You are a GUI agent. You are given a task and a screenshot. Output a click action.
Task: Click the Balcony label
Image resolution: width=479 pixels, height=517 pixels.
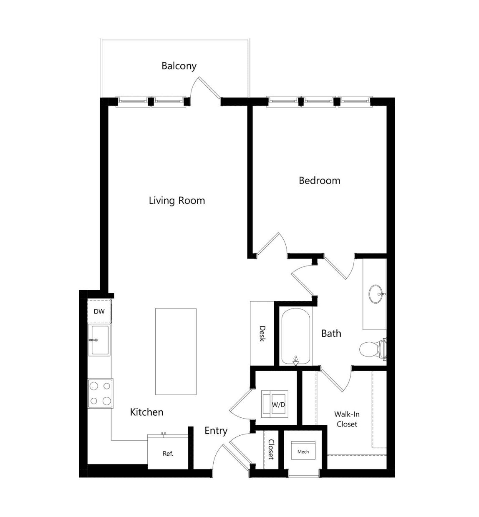click(179, 66)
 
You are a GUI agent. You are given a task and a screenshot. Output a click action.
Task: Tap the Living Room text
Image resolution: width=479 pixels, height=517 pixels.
click(176, 201)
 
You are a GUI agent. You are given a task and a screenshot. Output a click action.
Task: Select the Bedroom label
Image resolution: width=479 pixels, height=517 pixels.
click(320, 181)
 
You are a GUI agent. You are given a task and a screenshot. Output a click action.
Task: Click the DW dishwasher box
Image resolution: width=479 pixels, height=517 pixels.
click(99, 311)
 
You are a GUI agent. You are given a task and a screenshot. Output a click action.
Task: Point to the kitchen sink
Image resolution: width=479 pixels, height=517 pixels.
click(99, 340)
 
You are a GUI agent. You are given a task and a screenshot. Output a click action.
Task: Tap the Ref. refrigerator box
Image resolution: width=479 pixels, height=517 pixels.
click(168, 454)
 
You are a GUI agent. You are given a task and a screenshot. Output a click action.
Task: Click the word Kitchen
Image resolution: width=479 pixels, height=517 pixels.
click(147, 412)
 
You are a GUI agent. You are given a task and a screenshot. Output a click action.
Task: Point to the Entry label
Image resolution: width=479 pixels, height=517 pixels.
click(216, 431)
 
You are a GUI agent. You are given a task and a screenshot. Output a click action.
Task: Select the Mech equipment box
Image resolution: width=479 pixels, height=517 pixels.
click(303, 452)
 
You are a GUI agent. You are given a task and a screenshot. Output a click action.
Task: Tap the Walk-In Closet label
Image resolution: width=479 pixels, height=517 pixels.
click(347, 419)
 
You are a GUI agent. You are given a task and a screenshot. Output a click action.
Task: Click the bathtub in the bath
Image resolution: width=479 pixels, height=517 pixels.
click(296, 337)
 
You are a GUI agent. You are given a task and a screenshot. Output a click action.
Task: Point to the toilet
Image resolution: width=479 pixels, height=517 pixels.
click(373, 349)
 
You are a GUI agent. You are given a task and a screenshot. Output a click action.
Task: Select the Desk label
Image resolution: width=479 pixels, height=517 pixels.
click(262, 334)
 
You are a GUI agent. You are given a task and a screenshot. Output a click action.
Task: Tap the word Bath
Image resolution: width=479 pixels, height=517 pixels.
click(331, 334)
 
